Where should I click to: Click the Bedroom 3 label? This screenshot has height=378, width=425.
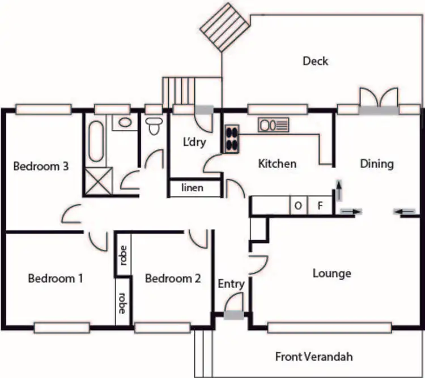pyautogui.click(x=41, y=166)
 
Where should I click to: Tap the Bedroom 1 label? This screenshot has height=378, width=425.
pyautogui.click(x=56, y=278)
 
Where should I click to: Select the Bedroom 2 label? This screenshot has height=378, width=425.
pyautogui.click(x=173, y=278)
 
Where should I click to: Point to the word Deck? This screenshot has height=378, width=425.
pyautogui.click(x=315, y=61)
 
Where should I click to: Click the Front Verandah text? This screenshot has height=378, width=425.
pyautogui.click(x=314, y=356)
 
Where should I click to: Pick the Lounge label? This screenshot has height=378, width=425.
pyautogui.click(x=332, y=274)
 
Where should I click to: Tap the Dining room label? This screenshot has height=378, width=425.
pyautogui.click(x=377, y=164)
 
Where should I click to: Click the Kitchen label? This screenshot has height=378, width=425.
pyautogui.click(x=277, y=164)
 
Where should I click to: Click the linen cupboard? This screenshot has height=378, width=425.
pyautogui.click(x=193, y=188)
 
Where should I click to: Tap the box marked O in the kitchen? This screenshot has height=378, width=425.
pyautogui.click(x=298, y=205)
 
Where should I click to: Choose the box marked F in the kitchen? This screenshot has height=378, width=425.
pyautogui.click(x=320, y=205)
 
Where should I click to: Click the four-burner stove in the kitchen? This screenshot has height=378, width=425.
pyautogui.click(x=232, y=138)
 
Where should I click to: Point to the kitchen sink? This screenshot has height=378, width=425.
pyautogui.click(x=273, y=123)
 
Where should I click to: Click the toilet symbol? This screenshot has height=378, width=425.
pyautogui.click(x=153, y=126)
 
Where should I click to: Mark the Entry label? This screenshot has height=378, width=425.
pyautogui.click(x=231, y=284)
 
